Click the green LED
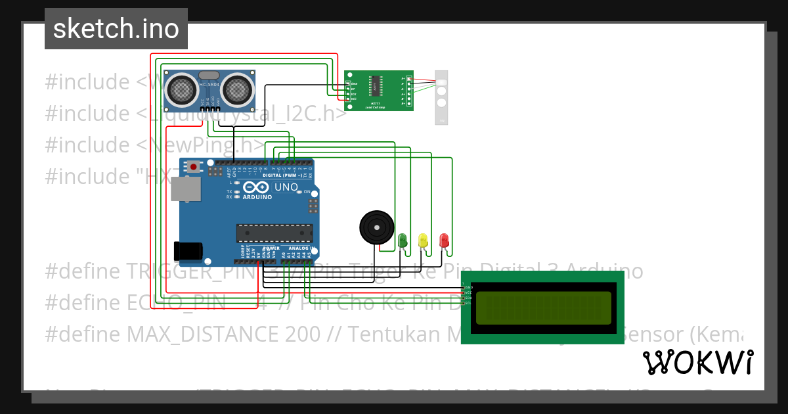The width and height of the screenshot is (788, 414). pos(403,240)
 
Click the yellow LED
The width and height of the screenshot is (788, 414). pos(423,240)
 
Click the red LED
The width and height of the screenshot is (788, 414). pos(444,240)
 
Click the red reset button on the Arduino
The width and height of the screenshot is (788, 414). pos(194,167)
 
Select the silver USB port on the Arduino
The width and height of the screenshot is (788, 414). pos(186,189)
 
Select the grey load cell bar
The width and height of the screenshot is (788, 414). pos(441,97)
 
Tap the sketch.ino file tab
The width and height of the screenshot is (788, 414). pos(116,29)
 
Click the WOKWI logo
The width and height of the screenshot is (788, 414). pos(697,362)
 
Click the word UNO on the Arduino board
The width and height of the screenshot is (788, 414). pos(286,187)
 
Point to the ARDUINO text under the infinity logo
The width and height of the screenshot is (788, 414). pos(257,196)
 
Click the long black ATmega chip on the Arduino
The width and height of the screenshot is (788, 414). pos(274,233)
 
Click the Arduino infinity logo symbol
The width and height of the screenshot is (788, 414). pos(257,187)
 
